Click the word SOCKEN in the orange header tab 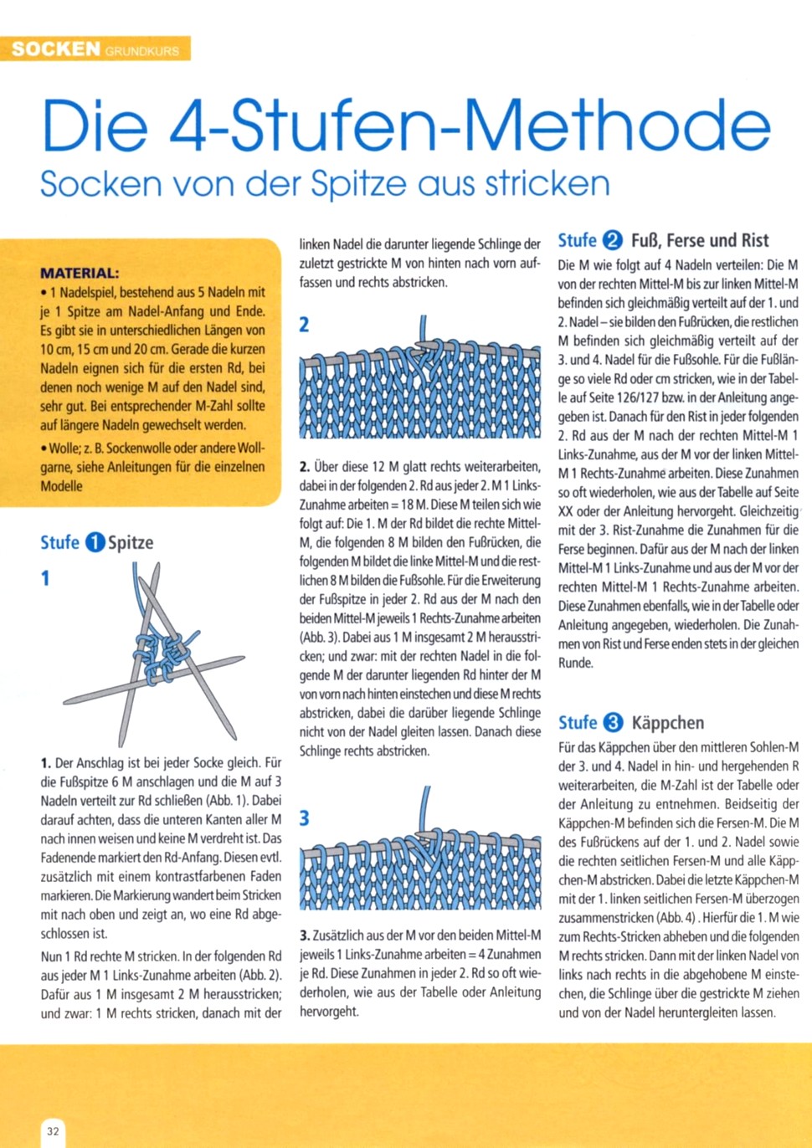[55, 49]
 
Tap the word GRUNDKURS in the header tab [142, 51]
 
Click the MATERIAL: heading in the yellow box [80, 273]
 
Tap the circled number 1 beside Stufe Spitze [95, 542]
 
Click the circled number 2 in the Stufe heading [613, 241]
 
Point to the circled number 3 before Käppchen [614, 723]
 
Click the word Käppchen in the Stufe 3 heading [667, 723]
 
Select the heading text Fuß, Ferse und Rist [699, 241]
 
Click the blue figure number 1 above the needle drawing [45, 578]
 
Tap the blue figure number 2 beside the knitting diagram [304, 325]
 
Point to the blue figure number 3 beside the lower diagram [304, 817]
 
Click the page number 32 [53, 1131]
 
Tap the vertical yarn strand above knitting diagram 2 [424, 330]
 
